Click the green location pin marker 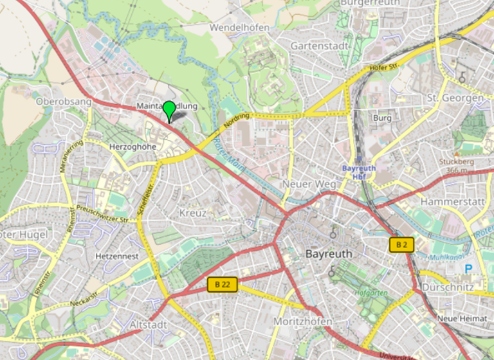(169, 110)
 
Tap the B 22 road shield (223, 283)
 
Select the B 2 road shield (402, 244)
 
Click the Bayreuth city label (329, 254)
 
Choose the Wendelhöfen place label (239, 28)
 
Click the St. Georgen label (455, 98)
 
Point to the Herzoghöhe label (133, 147)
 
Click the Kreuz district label (193, 212)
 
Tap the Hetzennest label (116, 255)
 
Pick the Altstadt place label (147, 325)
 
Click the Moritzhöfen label (303, 321)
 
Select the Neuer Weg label (309, 184)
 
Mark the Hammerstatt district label (452, 202)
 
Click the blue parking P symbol (468, 268)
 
